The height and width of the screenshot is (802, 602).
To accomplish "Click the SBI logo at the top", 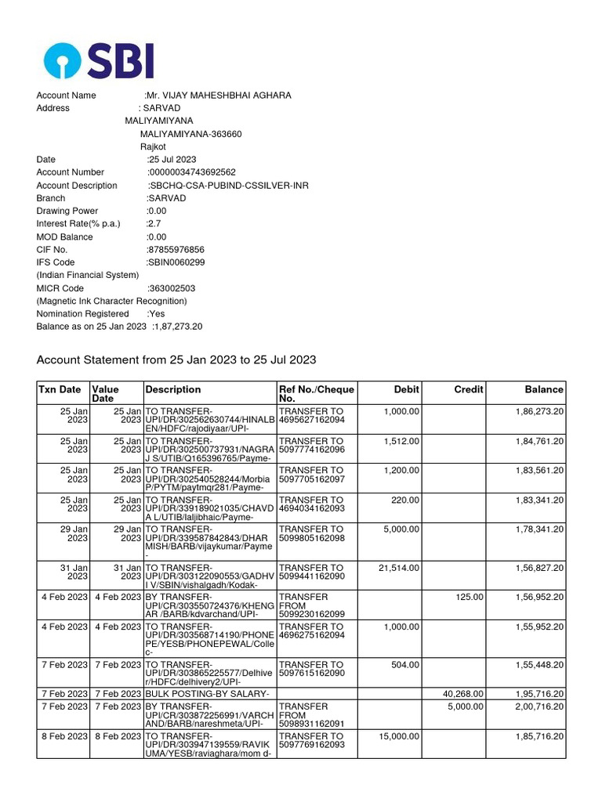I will (99, 60).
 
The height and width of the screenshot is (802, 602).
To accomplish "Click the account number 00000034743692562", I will (192, 172).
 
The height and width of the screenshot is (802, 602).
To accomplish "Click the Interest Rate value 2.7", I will (154, 224).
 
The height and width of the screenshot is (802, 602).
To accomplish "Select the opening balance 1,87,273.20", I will (178, 327).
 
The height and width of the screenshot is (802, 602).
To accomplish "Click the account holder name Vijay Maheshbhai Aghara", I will (218, 96).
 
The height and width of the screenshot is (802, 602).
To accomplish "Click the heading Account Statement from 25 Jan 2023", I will (176, 359).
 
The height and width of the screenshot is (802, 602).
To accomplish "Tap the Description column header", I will (173, 389).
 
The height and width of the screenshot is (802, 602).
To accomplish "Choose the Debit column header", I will (406, 389).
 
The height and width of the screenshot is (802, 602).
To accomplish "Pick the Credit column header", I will (469, 389).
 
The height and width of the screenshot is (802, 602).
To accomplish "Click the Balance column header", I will (544, 389).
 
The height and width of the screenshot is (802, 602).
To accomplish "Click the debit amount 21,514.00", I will (399, 568).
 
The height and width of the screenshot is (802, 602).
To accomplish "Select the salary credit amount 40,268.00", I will (462, 694).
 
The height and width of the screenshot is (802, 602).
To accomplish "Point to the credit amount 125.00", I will (471, 597).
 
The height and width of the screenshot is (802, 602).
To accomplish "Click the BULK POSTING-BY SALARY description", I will (207, 694).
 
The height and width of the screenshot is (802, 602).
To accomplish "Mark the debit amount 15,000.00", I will (399, 736).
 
